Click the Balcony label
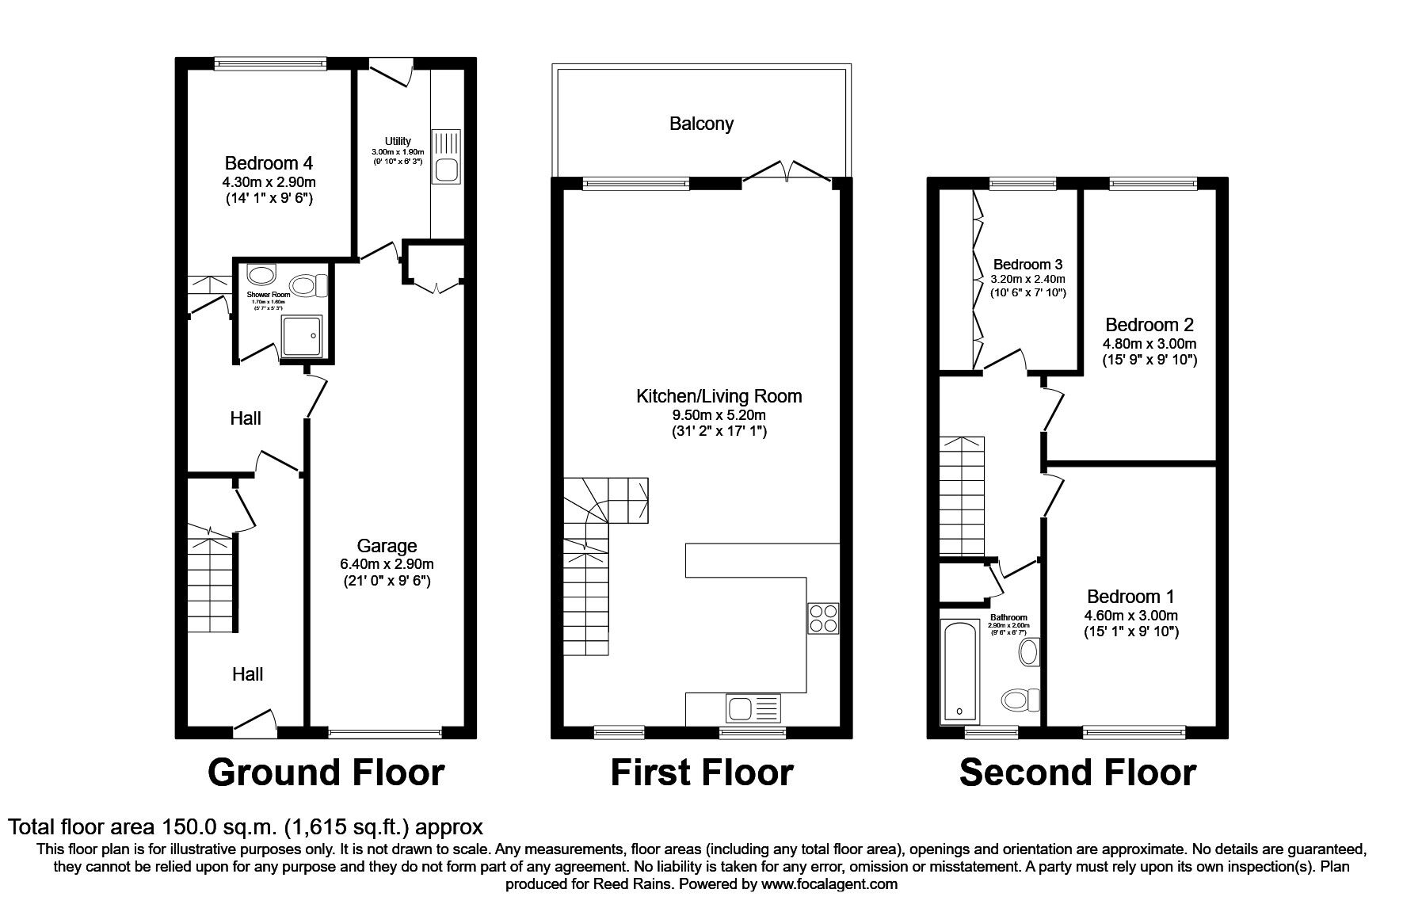(701, 124)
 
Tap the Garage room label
(387, 546)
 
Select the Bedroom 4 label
(269, 163)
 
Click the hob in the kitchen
(822, 618)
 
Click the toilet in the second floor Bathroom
(1020, 700)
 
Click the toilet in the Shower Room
(307, 285)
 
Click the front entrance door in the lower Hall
(255, 721)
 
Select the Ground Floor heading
(326, 773)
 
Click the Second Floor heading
(1077, 773)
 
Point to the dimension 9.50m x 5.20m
(719, 414)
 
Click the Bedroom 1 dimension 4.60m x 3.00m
(1130, 615)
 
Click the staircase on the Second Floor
(962, 496)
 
